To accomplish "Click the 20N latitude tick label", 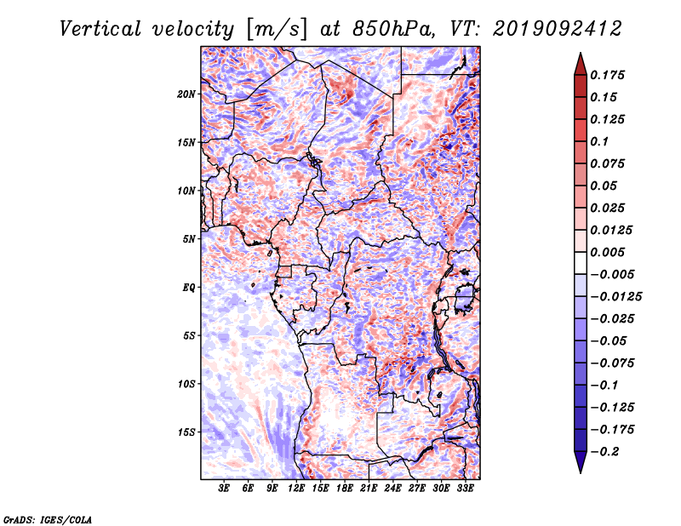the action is click(x=186, y=94).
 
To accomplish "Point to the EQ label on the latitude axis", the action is click(x=188, y=288).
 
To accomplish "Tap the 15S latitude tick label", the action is click(x=186, y=432).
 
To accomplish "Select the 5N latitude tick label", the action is click(x=189, y=239).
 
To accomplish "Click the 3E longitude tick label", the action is click(x=224, y=489).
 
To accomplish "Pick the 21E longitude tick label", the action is click(x=369, y=489).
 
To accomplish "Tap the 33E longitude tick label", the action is click(x=465, y=489).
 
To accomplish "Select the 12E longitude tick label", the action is click(x=295, y=489).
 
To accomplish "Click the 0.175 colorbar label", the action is click(x=607, y=75).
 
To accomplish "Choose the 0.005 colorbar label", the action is click(x=607, y=252).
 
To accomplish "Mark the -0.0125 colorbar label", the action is click(x=615, y=297).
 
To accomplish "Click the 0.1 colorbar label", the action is click(x=599, y=141).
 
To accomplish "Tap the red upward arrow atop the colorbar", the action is click(x=581, y=64).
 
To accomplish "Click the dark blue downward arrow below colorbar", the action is click(x=581, y=462).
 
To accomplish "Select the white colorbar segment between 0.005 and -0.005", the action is click(x=581, y=263).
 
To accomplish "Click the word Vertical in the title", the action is click(x=100, y=29).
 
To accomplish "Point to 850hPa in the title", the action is click(x=393, y=29).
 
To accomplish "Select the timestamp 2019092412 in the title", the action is click(x=557, y=29).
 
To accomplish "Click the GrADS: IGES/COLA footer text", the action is click(x=48, y=519).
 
